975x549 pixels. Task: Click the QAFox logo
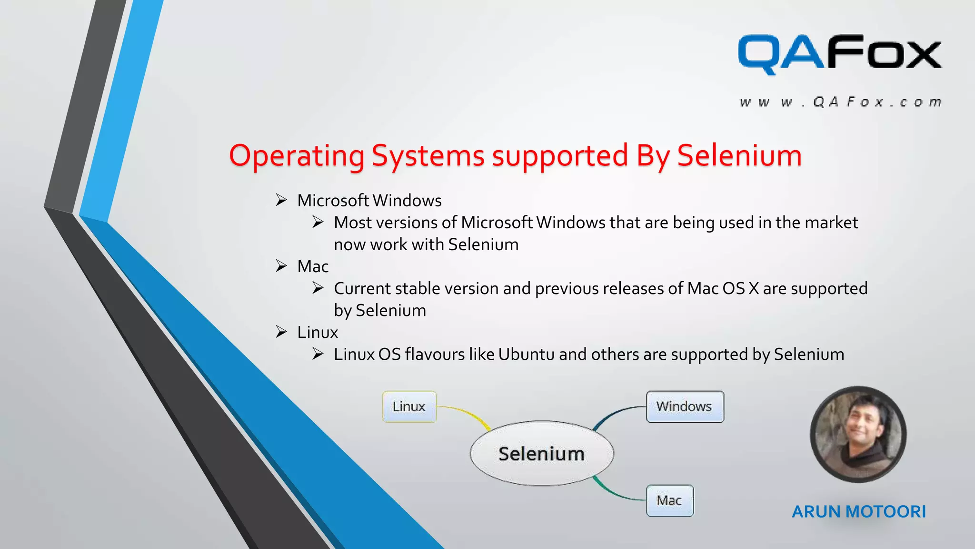[839, 54]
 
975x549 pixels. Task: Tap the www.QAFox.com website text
[840, 102]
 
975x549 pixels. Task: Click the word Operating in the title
[297, 156]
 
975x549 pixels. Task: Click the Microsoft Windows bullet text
[369, 201]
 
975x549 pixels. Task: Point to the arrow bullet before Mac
[281, 266]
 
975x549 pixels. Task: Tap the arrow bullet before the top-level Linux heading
[281, 332]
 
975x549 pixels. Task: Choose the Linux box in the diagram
[409, 407]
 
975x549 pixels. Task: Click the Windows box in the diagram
[684, 407]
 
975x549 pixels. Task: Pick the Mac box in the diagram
[669, 500]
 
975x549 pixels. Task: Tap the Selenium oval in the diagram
[541, 454]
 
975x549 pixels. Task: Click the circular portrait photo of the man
[858, 434]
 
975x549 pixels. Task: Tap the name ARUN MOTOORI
[858, 511]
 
